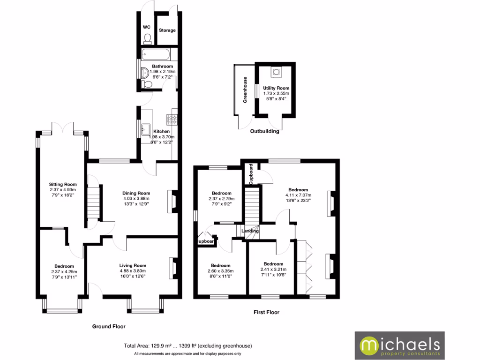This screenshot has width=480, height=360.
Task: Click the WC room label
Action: tap(146, 27)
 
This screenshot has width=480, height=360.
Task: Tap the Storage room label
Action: tap(167, 30)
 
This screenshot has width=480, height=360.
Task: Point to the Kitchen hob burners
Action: tap(171, 120)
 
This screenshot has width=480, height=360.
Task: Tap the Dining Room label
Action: tap(136, 193)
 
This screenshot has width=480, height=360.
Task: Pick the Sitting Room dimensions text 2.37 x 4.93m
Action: tap(63, 189)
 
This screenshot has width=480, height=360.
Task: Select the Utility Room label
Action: tap(276, 88)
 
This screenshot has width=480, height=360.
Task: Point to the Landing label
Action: tap(249, 231)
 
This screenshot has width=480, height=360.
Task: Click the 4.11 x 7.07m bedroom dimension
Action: tap(298, 195)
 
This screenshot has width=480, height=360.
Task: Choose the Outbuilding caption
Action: tap(264, 131)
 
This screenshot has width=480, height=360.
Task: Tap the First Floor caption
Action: tap(266, 312)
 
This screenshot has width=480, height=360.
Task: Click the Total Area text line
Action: tap(187, 346)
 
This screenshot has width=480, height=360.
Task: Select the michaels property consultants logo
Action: tap(399, 345)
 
